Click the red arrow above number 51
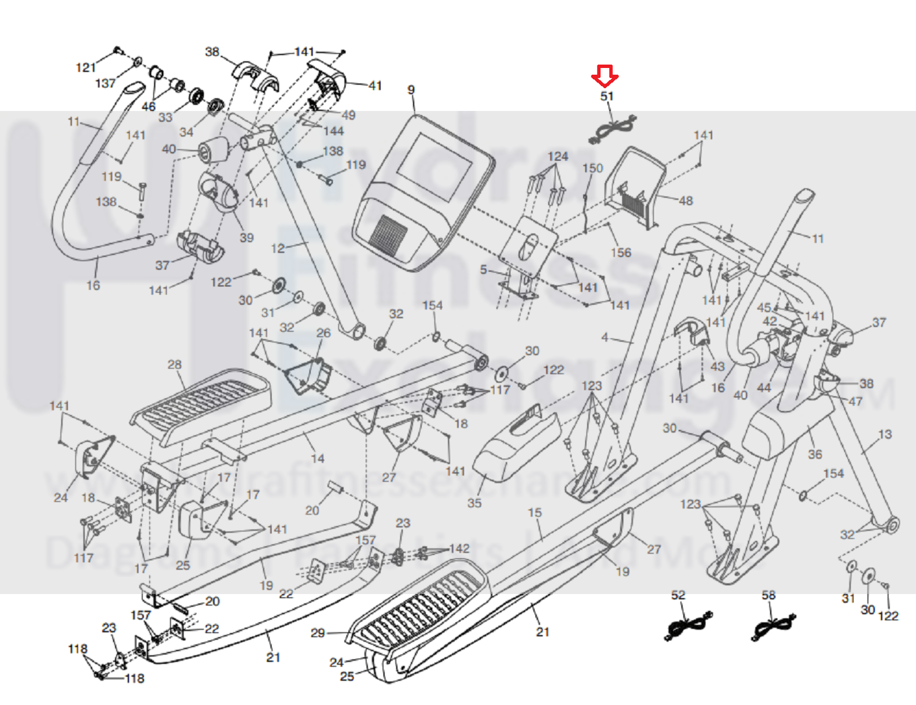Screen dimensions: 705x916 [604, 75]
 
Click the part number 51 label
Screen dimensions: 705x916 [607, 96]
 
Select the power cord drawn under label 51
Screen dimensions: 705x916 [612, 129]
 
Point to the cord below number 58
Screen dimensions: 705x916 [773, 626]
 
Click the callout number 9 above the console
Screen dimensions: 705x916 [411, 90]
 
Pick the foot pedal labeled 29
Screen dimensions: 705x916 [417, 603]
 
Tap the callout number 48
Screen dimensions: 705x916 [685, 201]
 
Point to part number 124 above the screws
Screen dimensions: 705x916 [557, 156]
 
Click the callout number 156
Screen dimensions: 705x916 [621, 253]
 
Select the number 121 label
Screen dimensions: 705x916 [85, 67]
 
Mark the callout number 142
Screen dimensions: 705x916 [459, 549]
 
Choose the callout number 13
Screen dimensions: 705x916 [884, 434]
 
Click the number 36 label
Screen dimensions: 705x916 [814, 455]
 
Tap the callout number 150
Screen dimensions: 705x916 [592, 168]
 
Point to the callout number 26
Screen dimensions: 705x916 [323, 333]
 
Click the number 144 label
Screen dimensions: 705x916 [333, 131]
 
